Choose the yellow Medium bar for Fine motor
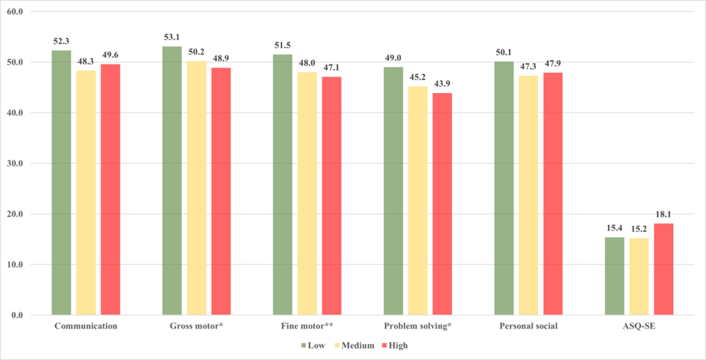click(307, 193)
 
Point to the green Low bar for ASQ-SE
click(614, 276)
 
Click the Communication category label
click(86, 326)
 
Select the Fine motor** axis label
click(307, 326)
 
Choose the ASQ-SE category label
click(639, 326)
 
